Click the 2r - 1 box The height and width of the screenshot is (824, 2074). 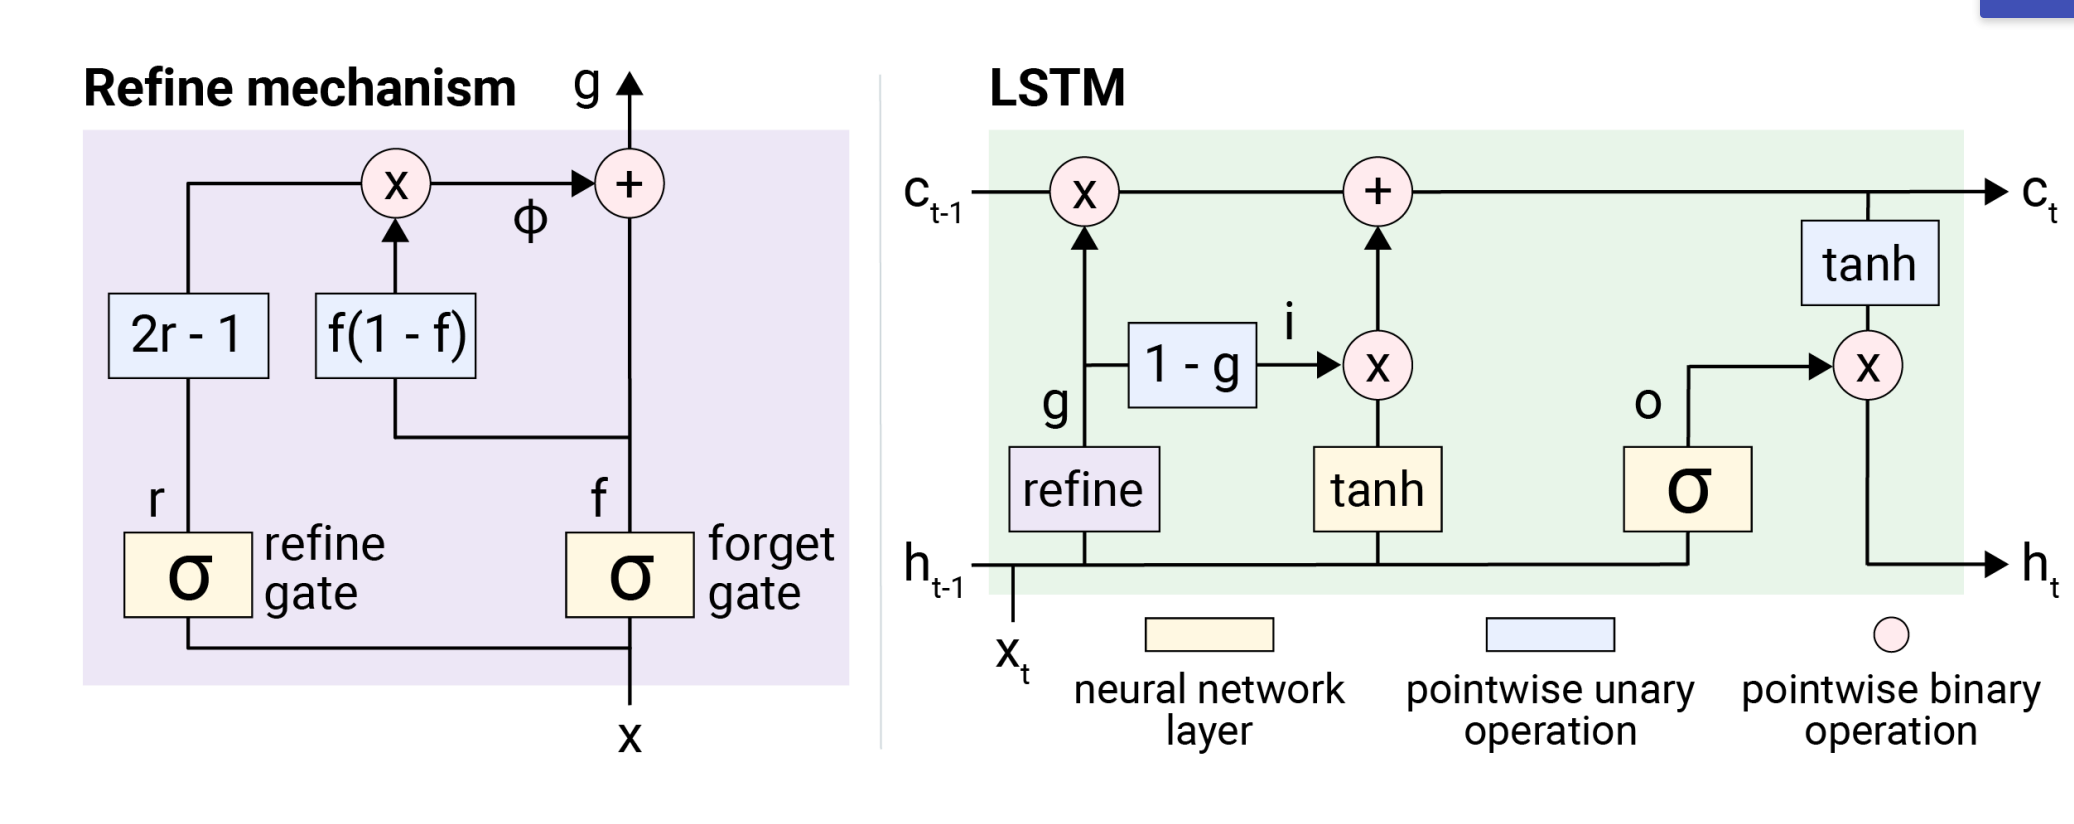(x=188, y=335)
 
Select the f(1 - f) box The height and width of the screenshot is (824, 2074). (x=395, y=335)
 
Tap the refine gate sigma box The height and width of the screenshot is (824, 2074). (x=188, y=575)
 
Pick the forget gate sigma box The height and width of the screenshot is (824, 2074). (x=629, y=575)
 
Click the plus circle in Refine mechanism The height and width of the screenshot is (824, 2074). (x=629, y=184)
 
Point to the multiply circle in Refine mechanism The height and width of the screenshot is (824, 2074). (x=396, y=184)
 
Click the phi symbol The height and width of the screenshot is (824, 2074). (x=530, y=219)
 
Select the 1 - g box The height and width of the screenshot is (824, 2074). (x=1192, y=365)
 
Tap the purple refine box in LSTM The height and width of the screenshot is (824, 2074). (x=1084, y=489)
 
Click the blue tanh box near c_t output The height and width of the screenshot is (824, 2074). (x=1869, y=263)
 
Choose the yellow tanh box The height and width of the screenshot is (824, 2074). (x=1377, y=489)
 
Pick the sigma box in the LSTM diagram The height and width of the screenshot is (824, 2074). (x=1687, y=489)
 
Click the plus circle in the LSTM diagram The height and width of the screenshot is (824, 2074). (x=1377, y=191)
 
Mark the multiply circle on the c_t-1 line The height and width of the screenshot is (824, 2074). (x=1084, y=191)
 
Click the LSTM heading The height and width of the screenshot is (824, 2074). (x=1057, y=88)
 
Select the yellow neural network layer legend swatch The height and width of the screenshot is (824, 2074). (x=1208, y=634)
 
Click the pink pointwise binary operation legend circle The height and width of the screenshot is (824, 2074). (x=1890, y=634)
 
